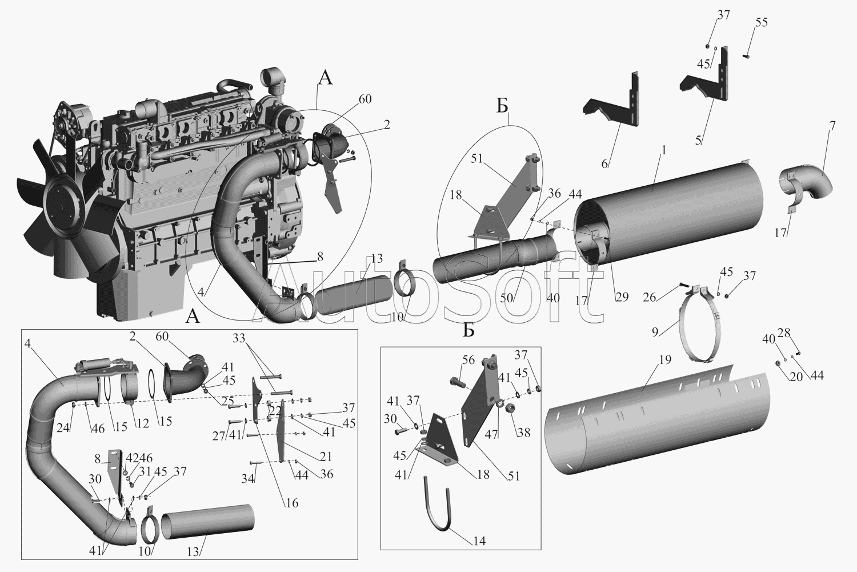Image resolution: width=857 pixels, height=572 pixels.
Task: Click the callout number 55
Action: point(761,23)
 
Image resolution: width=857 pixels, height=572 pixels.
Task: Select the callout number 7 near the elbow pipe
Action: point(832,126)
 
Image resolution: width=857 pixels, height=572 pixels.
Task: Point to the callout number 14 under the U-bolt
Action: point(480,541)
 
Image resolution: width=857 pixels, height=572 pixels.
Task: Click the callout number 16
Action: point(292,503)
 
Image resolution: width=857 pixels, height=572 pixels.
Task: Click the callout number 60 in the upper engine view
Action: point(365,99)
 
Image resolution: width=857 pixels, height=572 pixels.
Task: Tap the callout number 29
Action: point(622,297)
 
